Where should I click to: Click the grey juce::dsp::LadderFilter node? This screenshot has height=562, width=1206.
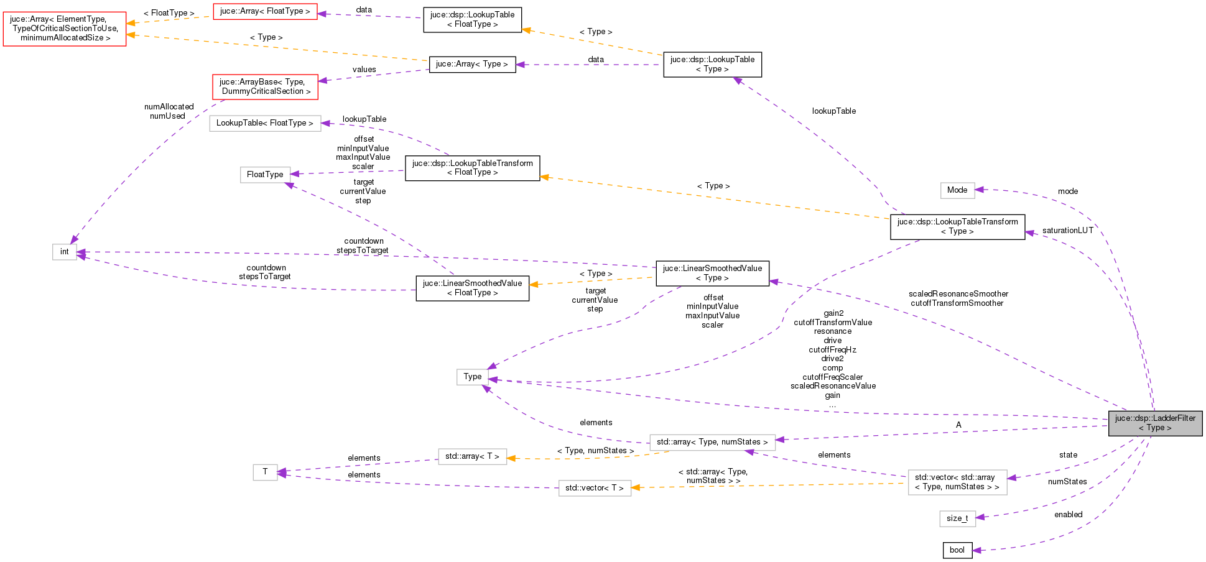1155,423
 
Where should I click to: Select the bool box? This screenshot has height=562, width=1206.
957,550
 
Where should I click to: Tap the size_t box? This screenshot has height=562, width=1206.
957,518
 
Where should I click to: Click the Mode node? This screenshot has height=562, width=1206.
957,190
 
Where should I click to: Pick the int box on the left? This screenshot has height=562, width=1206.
65,252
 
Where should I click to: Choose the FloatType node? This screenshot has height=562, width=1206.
265,175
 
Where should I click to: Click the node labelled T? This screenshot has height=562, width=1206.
265,472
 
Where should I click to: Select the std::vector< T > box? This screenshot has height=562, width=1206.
595,488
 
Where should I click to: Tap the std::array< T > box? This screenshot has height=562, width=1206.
472,456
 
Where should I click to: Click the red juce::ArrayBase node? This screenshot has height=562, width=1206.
265,86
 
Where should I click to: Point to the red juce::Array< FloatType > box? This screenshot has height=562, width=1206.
265,11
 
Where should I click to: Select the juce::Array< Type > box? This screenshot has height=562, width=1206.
472,64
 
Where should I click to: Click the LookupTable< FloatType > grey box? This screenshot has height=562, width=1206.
265,123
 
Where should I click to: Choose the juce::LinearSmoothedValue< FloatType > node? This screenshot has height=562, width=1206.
472,288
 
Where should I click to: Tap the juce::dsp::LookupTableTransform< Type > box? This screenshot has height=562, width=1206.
957,226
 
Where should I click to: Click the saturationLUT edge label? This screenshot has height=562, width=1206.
1067,231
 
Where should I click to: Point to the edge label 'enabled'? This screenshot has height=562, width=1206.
1068,515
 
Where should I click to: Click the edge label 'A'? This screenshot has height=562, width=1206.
958,425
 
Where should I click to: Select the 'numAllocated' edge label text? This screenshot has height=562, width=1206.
169,107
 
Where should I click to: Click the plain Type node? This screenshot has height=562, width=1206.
472,377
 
